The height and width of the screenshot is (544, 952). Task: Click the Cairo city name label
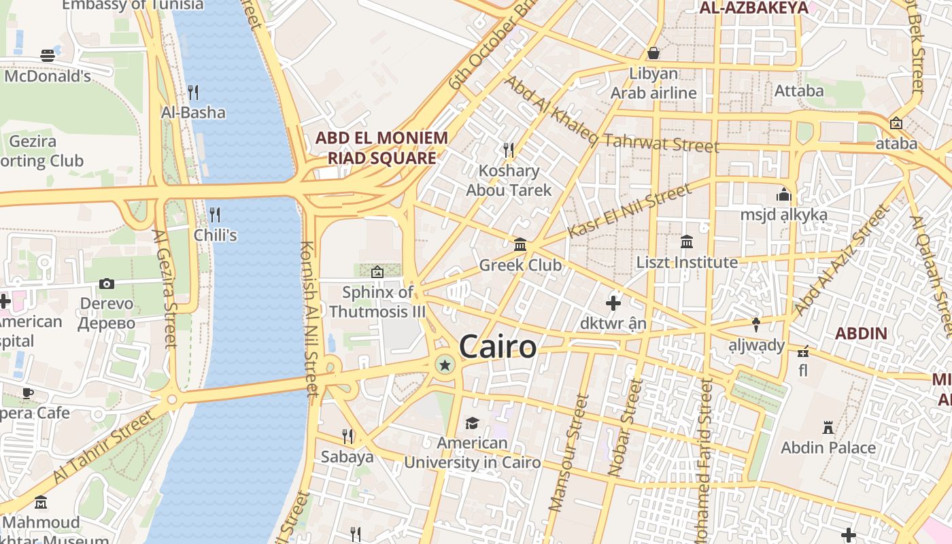click(x=498, y=347)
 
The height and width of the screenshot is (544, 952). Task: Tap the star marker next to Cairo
click(x=445, y=365)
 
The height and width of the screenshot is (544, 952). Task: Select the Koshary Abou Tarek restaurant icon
click(x=508, y=150)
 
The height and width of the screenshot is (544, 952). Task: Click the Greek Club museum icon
click(x=520, y=244)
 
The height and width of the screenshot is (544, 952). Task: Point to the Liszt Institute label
click(x=687, y=262)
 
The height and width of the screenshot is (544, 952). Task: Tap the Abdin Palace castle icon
click(x=828, y=428)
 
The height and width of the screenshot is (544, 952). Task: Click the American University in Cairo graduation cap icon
click(x=472, y=424)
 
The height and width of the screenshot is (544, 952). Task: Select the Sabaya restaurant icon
click(x=347, y=436)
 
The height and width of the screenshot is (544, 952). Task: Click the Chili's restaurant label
click(x=215, y=235)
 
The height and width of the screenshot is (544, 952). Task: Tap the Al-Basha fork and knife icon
click(x=193, y=92)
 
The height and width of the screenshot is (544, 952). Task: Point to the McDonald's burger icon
click(x=47, y=56)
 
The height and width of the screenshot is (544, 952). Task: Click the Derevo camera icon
click(x=107, y=284)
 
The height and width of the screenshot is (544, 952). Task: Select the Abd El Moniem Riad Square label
click(x=381, y=148)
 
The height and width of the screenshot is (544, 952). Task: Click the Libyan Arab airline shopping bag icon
click(x=653, y=53)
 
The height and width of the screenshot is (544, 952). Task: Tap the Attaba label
click(x=799, y=90)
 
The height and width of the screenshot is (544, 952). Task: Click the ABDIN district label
click(x=861, y=333)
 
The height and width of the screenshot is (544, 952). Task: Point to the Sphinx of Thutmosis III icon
click(x=377, y=272)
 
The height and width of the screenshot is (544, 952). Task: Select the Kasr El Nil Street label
click(x=628, y=211)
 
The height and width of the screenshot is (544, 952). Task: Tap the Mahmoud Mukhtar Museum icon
click(x=41, y=503)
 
